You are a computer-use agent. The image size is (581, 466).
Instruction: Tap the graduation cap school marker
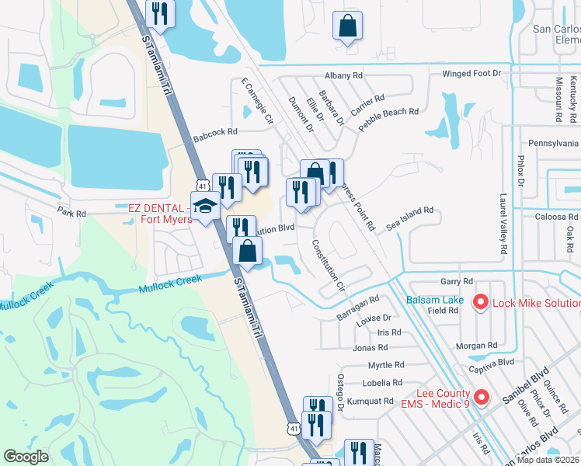click(x=205, y=207)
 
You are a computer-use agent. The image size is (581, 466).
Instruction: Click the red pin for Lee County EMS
click(x=481, y=398)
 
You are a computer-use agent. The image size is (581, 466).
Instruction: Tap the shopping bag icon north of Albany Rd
click(x=347, y=26)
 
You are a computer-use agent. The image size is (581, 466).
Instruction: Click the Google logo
click(x=26, y=457)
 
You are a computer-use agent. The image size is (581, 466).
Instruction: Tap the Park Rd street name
click(x=71, y=211)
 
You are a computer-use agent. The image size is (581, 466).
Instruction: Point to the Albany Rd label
click(x=343, y=75)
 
